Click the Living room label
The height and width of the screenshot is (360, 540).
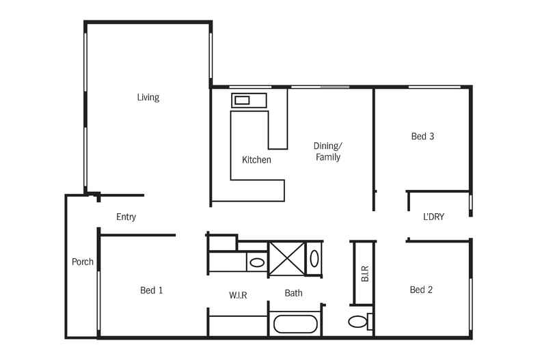click(148, 98)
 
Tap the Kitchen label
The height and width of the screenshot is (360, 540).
click(256, 160)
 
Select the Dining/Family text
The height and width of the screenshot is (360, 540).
click(328, 152)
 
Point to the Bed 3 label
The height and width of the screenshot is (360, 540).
click(422, 137)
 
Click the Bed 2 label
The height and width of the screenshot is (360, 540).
click(421, 290)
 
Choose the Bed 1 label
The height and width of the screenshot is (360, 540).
click(152, 290)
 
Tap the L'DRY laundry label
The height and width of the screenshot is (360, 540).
click(433, 217)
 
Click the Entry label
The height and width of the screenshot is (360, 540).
click(126, 217)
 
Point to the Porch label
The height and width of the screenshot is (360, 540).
click(83, 262)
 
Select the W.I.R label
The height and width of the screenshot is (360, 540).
click(238, 295)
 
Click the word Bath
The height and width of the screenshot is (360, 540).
click(293, 293)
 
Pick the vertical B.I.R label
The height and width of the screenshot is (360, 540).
click(365, 274)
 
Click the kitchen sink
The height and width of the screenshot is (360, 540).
click(242, 100)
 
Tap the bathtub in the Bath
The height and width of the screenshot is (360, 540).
click(295, 324)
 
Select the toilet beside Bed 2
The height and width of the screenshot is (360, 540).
click(360, 322)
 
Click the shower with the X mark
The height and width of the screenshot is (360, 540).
click(287, 259)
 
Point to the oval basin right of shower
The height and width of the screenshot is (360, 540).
click(314, 258)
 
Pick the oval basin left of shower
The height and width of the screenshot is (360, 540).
click(256, 263)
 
